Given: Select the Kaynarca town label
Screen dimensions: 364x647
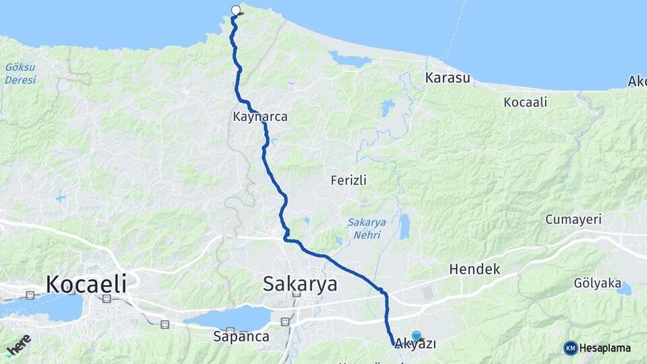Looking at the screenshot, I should (x=260, y=117).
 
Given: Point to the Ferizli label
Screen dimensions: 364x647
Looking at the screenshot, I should (x=348, y=180).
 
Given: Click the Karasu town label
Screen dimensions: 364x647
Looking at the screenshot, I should (x=448, y=78).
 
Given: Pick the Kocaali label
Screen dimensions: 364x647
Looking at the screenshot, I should (x=525, y=102).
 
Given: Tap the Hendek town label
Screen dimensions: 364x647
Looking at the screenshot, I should (x=475, y=269).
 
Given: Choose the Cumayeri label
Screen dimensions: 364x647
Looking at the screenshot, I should (x=573, y=220).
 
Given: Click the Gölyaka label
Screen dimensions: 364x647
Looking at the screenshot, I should (x=596, y=283).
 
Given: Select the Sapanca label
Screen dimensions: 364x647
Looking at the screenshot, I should (x=241, y=336).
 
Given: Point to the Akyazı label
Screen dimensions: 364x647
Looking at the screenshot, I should (x=415, y=344).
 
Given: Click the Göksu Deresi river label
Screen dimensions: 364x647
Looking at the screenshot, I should (x=20, y=73).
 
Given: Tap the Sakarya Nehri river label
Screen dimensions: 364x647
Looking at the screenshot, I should (x=364, y=228).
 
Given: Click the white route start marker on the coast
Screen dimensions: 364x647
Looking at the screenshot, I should (x=236, y=10).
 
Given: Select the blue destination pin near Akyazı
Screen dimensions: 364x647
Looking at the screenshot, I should (x=416, y=336).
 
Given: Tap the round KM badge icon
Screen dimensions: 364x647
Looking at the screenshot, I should (x=571, y=348).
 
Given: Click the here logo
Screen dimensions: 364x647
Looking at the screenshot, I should (x=18, y=346).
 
